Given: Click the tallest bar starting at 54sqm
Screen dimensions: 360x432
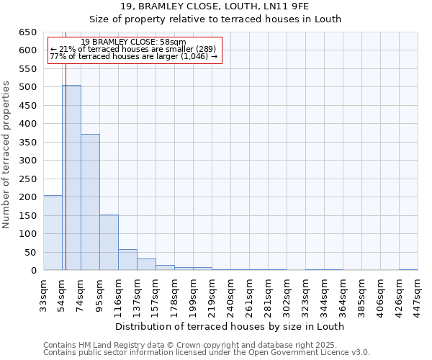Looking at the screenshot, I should (71, 178).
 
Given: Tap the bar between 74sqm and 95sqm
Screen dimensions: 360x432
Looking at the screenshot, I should (90, 202).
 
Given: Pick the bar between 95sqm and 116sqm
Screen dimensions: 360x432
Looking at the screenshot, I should (109, 243).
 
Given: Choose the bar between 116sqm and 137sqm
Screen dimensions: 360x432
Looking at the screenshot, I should (127, 260).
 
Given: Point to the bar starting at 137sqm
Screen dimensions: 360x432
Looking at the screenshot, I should (146, 264).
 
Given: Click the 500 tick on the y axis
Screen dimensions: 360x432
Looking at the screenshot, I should (28, 87).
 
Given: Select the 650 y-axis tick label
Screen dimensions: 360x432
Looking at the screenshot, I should (28, 32).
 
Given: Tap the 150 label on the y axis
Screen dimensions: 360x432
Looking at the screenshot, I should (28, 216).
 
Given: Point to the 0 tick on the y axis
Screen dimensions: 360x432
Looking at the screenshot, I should (34, 271).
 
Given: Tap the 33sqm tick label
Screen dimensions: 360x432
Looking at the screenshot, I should (43, 294).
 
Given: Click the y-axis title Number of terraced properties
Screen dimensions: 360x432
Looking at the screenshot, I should (7, 154).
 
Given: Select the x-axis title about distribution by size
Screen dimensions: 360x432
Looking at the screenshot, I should (230, 326).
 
